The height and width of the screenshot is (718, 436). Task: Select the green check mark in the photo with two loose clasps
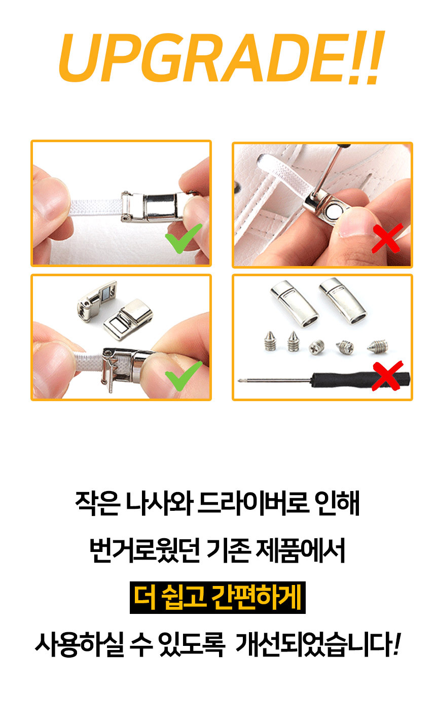pos(184,376)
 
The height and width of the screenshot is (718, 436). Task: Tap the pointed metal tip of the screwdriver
pos(239,380)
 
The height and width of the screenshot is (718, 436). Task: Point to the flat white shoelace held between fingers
pos(96,207)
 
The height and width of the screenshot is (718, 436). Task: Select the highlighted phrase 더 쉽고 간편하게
pos(217,598)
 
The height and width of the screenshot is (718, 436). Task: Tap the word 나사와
pos(159,503)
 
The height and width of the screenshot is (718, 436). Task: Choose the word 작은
pos(98,503)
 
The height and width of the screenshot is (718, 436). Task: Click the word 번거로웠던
pos(145,550)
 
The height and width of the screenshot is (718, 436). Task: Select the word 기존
pos(228,550)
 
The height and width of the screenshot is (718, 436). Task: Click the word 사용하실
pos(80,644)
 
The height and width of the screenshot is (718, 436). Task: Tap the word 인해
pos(338,503)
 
